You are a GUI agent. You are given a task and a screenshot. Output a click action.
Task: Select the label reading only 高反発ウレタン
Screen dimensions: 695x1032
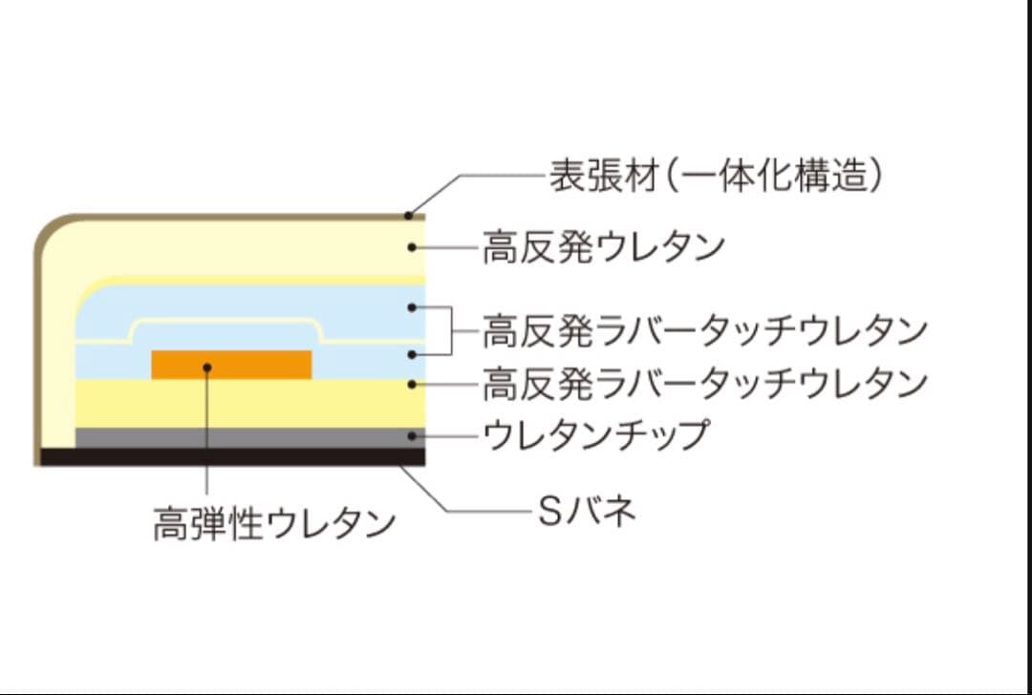[x=603, y=248]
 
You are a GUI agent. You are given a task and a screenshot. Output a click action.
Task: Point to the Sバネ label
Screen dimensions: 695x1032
[x=585, y=513]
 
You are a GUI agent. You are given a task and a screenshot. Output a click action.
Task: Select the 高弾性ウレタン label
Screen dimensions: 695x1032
[x=273, y=524]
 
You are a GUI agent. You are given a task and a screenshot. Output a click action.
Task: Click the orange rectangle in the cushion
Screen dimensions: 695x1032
[x=232, y=365]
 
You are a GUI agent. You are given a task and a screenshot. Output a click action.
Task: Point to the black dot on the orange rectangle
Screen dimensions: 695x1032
[x=206, y=365]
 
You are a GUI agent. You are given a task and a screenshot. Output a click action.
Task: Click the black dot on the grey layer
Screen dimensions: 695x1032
[x=412, y=436]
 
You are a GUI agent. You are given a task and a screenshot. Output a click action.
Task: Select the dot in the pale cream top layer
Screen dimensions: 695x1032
[x=412, y=248]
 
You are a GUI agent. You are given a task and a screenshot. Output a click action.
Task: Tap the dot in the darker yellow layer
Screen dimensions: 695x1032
[x=412, y=384]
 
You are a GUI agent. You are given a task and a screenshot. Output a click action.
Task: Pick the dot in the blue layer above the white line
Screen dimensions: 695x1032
[x=412, y=307]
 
